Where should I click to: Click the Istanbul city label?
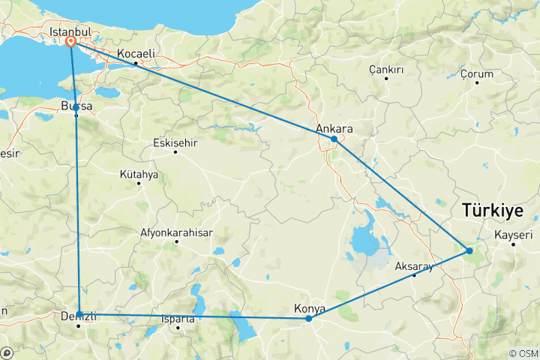(70, 32)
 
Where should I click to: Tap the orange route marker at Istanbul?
(70, 43)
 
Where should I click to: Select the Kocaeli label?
(137, 54)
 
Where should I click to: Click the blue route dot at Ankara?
(334, 139)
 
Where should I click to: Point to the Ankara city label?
(334, 128)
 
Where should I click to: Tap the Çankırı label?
(386, 70)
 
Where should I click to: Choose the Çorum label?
(477, 74)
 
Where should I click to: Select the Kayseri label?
(514, 235)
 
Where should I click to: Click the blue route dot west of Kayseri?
(469, 250)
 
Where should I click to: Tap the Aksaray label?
(414, 266)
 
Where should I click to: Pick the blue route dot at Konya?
(308, 319)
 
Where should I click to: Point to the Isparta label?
(178, 319)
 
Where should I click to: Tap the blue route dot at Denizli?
(79, 315)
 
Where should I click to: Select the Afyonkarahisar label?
(176, 232)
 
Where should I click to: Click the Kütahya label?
(139, 175)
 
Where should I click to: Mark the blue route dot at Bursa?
(76, 108)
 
